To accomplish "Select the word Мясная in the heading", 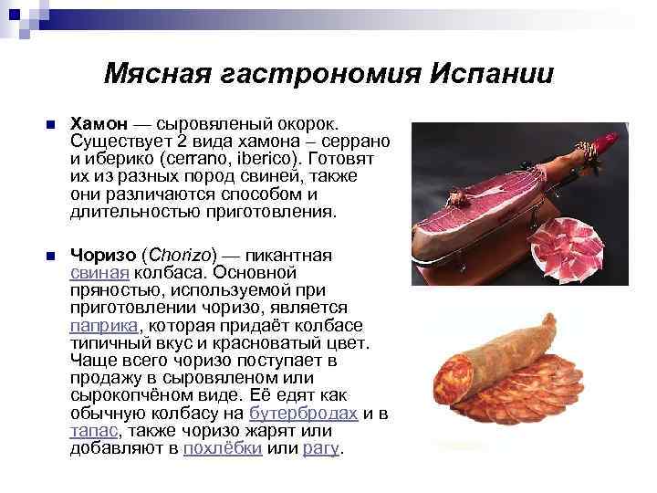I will tap(153, 74).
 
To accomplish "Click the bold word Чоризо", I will tap(99, 255).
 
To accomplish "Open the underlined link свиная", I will tap(99, 272).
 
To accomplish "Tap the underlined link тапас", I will tap(94, 432).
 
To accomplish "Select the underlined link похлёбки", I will tap(223, 449).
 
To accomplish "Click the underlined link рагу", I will tap(321, 449).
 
